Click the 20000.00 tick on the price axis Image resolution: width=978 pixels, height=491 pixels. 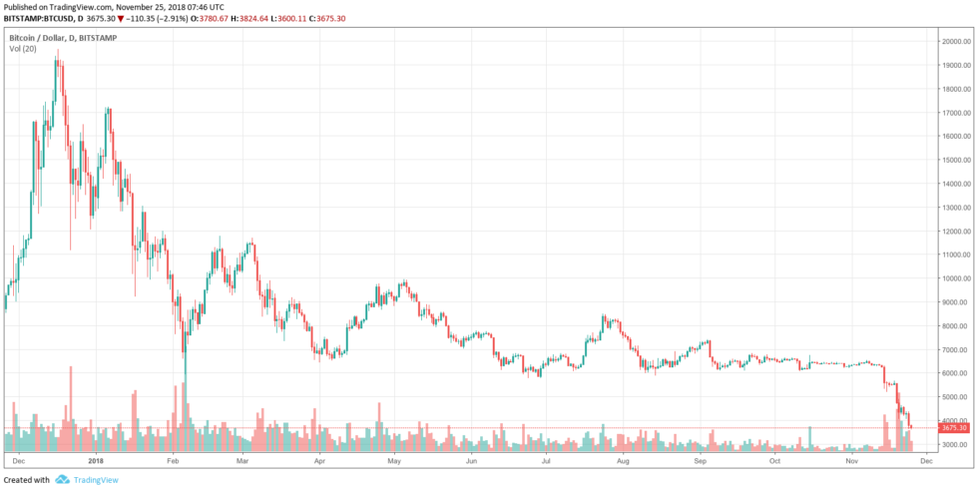point(956,41)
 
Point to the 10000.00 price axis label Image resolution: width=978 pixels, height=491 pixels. point(956,278)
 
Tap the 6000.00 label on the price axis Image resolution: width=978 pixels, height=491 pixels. point(956,373)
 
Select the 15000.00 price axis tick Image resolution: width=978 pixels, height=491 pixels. point(956,160)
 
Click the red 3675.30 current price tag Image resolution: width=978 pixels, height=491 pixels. point(955,428)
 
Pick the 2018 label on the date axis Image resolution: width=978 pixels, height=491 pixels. point(96,462)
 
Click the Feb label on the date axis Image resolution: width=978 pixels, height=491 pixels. point(173,462)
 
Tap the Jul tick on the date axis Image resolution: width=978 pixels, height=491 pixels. point(546,462)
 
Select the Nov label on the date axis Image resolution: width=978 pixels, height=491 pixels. point(851,462)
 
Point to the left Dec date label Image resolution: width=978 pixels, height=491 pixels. point(20,462)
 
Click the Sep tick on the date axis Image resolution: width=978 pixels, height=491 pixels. point(700,462)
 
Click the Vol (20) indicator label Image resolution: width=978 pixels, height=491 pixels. point(24,49)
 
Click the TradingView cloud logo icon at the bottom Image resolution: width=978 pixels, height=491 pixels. point(62,480)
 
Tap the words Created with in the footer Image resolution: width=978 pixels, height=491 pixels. point(27,480)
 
